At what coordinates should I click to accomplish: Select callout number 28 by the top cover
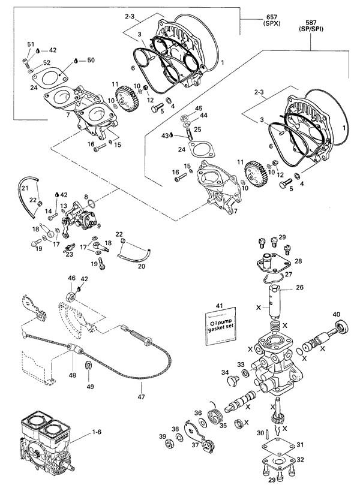[x=298, y=261]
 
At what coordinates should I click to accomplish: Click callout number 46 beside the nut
[x=71, y=278]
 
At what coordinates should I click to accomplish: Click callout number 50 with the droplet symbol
[x=91, y=61]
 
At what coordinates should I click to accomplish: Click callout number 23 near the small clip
[x=70, y=254]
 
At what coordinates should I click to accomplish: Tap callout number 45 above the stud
[x=198, y=109]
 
